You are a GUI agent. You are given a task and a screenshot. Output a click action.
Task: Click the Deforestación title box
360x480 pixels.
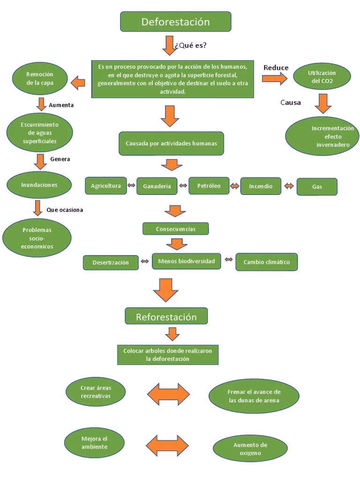coord(175,22)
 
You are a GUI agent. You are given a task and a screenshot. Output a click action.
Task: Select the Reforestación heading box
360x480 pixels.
coord(166,317)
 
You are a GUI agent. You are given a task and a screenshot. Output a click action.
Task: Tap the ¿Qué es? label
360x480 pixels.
coord(190,45)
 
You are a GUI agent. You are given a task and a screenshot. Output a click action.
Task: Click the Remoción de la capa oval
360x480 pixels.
coord(40,78)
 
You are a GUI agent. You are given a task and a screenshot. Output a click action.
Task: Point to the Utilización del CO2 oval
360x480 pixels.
coord(322,77)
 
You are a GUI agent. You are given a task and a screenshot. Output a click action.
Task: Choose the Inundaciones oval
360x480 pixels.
coord(39,185)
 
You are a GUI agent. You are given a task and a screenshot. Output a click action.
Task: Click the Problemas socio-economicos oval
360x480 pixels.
coord(37,238)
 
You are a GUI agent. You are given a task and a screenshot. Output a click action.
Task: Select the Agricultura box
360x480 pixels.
coord(106,186)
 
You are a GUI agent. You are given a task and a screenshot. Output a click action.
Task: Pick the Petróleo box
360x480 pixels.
coord(209,186)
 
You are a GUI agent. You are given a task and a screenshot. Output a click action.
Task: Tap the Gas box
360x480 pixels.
coord(317,187)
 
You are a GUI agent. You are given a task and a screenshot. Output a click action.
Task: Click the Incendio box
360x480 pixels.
coord(261,186)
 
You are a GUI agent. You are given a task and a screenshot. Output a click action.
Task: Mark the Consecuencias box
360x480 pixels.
coord(175,229)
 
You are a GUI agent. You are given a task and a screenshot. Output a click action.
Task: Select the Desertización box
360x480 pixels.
coord(111,262)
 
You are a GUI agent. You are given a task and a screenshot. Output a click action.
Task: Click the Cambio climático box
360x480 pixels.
coord(266,262)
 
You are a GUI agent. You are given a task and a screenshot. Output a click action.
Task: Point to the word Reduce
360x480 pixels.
coord(276,68)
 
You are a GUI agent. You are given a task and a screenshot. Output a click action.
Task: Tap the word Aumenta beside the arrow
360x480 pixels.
coord(61,105)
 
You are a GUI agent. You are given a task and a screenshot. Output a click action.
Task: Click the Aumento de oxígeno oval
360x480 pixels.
coord(250,449)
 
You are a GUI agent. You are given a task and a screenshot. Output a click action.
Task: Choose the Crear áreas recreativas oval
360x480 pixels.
coord(96,392)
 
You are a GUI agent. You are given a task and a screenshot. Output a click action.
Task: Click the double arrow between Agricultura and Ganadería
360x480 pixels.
coord(132,186)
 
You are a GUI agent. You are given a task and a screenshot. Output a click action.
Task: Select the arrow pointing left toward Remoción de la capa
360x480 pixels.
coord(78,83)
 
